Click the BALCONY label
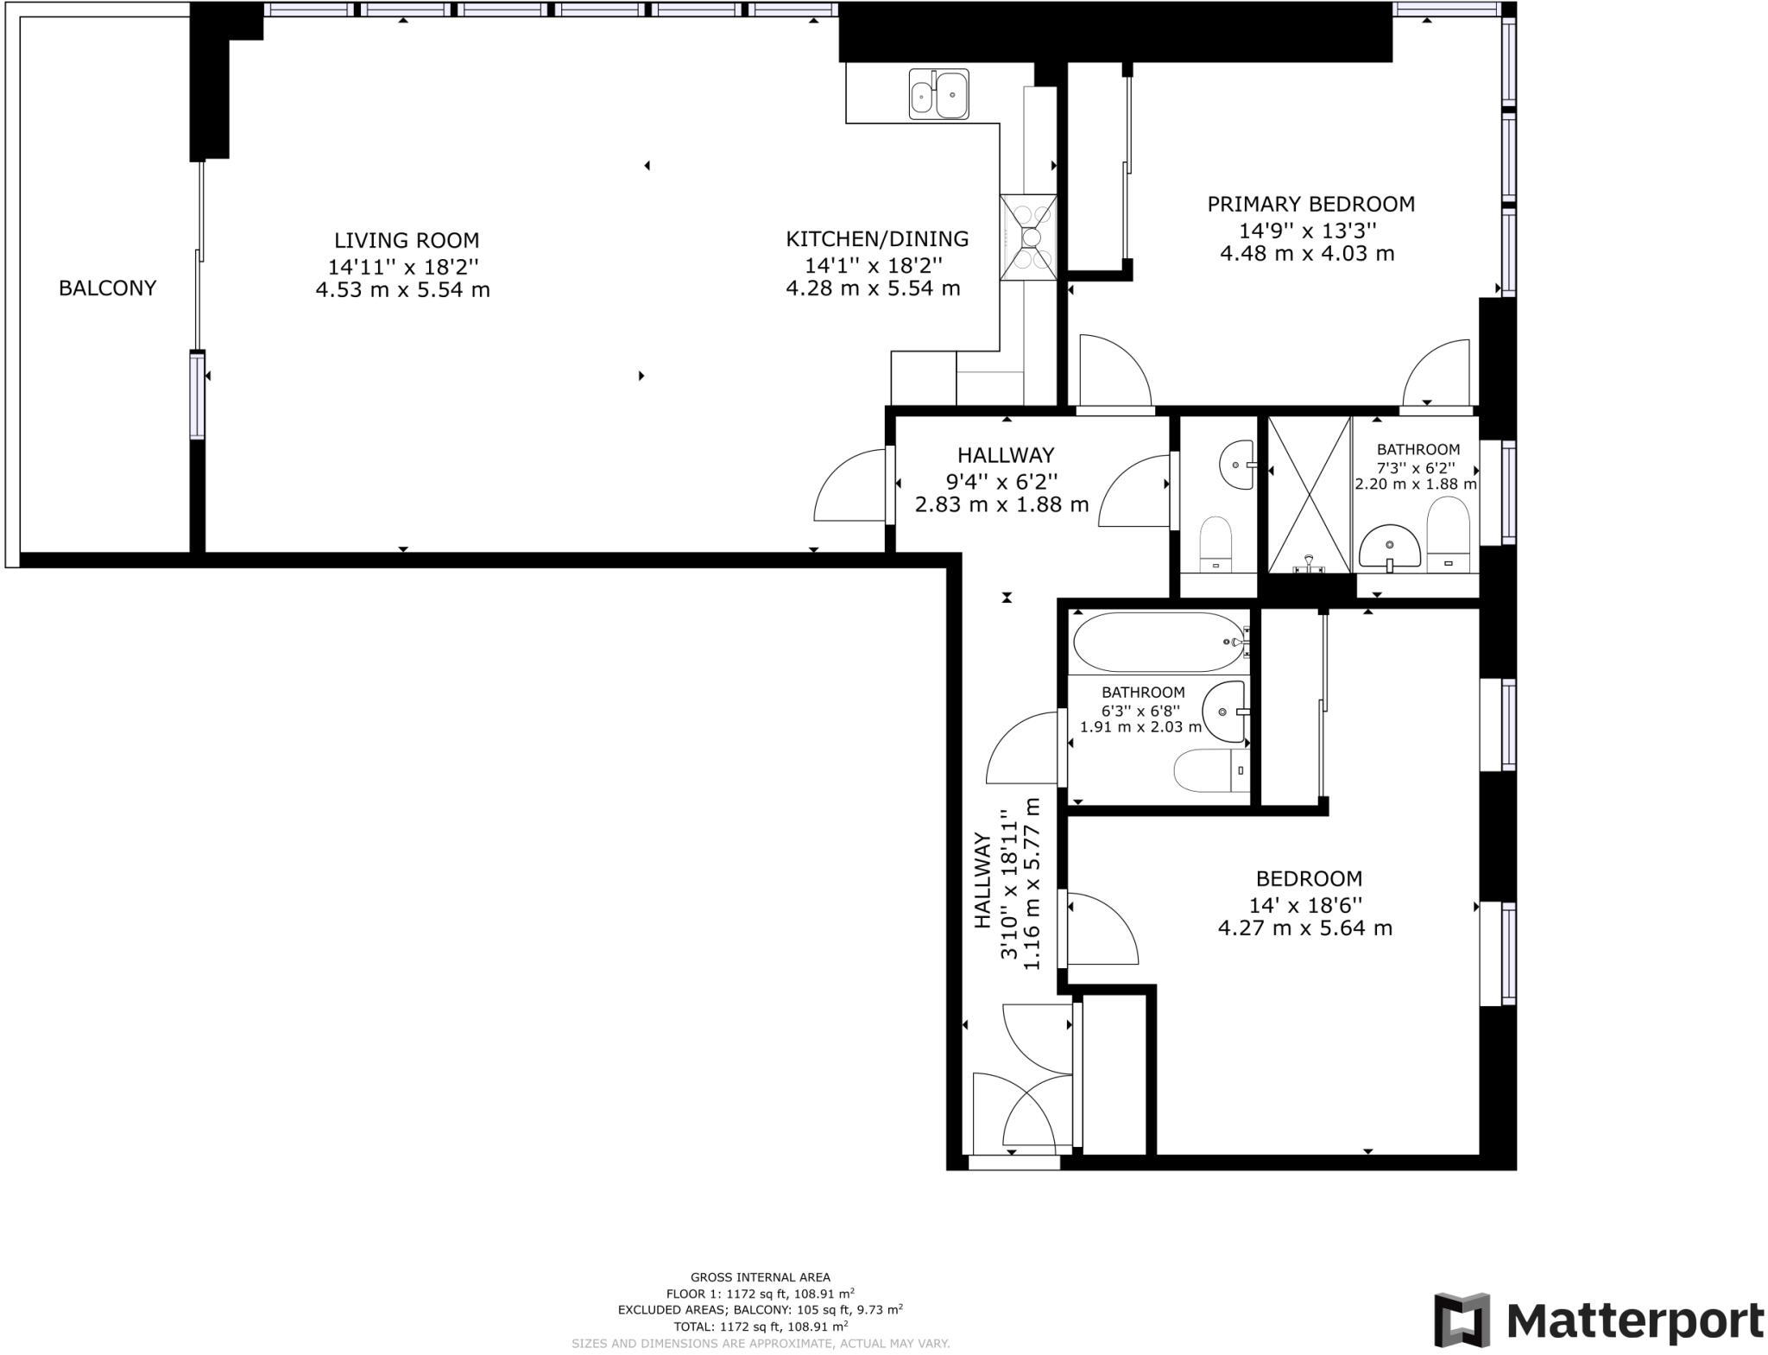pyautogui.click(x=107, y=288)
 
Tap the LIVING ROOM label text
pyautogui.click(x=407, y=241)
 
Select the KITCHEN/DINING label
pyautogui.click(x=877, y=239)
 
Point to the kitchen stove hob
pyautogui.click(x=1029, y=237)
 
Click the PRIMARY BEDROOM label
pyautogui.click(x=1310, y=205)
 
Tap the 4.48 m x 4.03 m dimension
pyautogui.click(x=1307, y=254)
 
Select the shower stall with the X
pyautogui.click(x=1309, y=495)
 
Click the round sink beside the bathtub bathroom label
pyautogui.click(x=1225, y=712)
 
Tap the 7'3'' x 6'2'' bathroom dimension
pyautogui.click(x=1417, y=467)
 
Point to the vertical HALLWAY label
pyautogui.click(x=982, y=881)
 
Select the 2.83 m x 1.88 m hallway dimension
pyautogui.click(x=1001, y=505)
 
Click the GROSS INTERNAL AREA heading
pyautogui.click(x=760, y=1277)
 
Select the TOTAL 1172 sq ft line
pyautogui.click(x=760, y=1326)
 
